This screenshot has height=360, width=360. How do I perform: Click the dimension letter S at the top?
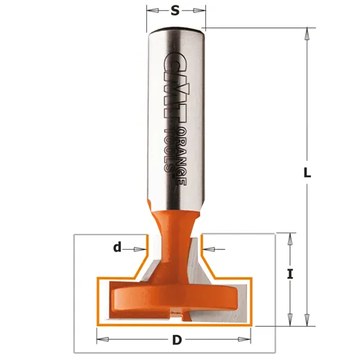click(176, 11)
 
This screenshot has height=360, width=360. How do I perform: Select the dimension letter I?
click(290, 274)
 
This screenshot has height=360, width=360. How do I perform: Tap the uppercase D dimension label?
click(177, 340)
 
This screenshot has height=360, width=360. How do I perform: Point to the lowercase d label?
click(117, 247)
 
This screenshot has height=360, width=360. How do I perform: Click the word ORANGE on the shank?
click(182, 159)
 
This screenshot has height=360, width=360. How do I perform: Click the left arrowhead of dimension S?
click(153, 11)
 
